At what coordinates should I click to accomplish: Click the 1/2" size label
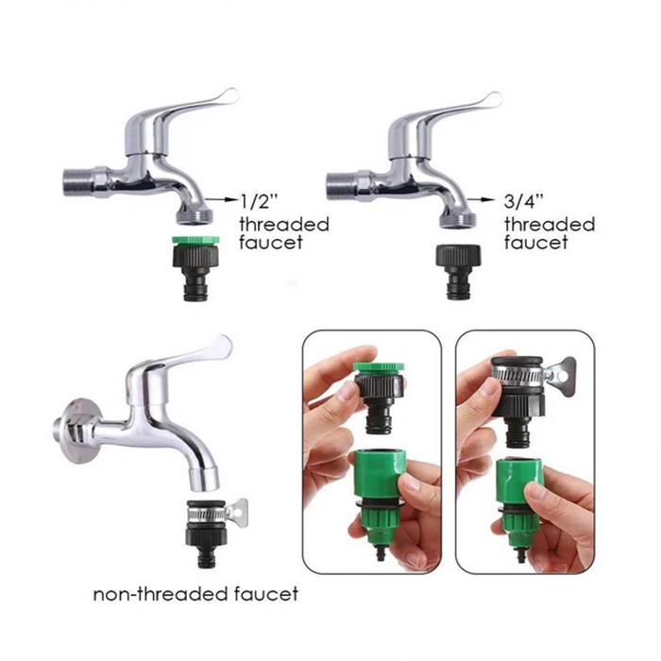click(260, 201)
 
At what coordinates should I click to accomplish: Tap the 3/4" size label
click(524, 201)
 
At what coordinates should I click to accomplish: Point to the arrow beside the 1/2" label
click(222, 199)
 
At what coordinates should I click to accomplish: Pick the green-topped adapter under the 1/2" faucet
click(195, 268)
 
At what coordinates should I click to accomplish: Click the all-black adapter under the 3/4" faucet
click(458, 272)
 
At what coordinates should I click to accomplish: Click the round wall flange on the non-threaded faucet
click(81, 431)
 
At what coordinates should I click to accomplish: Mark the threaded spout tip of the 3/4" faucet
click(459, 220)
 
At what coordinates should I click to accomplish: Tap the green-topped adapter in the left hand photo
click(380, 397)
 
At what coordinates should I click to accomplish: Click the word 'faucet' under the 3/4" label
click(535, 243)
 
